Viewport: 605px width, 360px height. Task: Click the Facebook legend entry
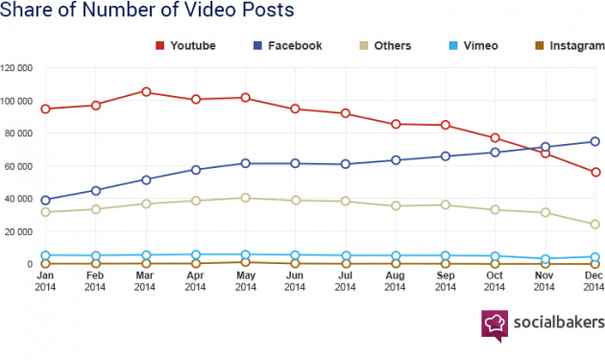click(x=288, y=45)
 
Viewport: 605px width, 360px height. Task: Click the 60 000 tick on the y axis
click(x=20, y=166)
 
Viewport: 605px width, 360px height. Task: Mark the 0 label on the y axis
click(x=33, y=264)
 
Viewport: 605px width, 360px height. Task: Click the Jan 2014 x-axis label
click(x=46, y=280)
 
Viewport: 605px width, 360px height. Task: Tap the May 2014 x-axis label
click(x=246, y=280)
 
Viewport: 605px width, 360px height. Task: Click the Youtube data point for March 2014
click(x=146, y=92)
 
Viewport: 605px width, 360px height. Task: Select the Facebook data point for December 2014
click(x=595, y=141)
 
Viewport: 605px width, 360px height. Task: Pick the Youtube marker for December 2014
click(x=595, y=172)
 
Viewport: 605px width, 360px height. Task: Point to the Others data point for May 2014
click(x=246, y=198)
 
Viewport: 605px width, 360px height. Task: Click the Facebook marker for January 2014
click(x=46, y=201)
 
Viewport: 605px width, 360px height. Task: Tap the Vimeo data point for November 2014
click(x=545, y=259)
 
